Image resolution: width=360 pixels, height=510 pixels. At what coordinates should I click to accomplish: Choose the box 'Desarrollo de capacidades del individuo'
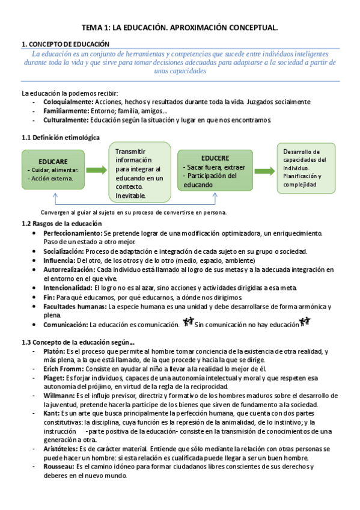click(306, 168)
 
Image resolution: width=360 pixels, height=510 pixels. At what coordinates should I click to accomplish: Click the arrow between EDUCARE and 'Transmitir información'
click(96, 170)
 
